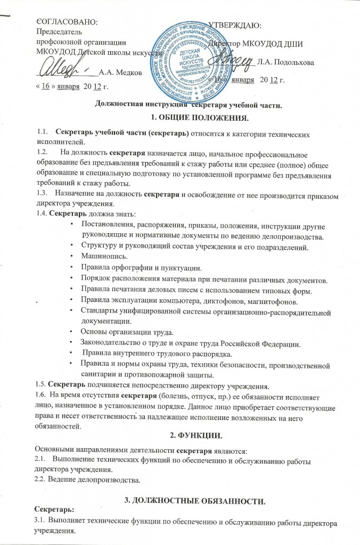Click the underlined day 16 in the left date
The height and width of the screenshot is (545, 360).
(46, 86)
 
